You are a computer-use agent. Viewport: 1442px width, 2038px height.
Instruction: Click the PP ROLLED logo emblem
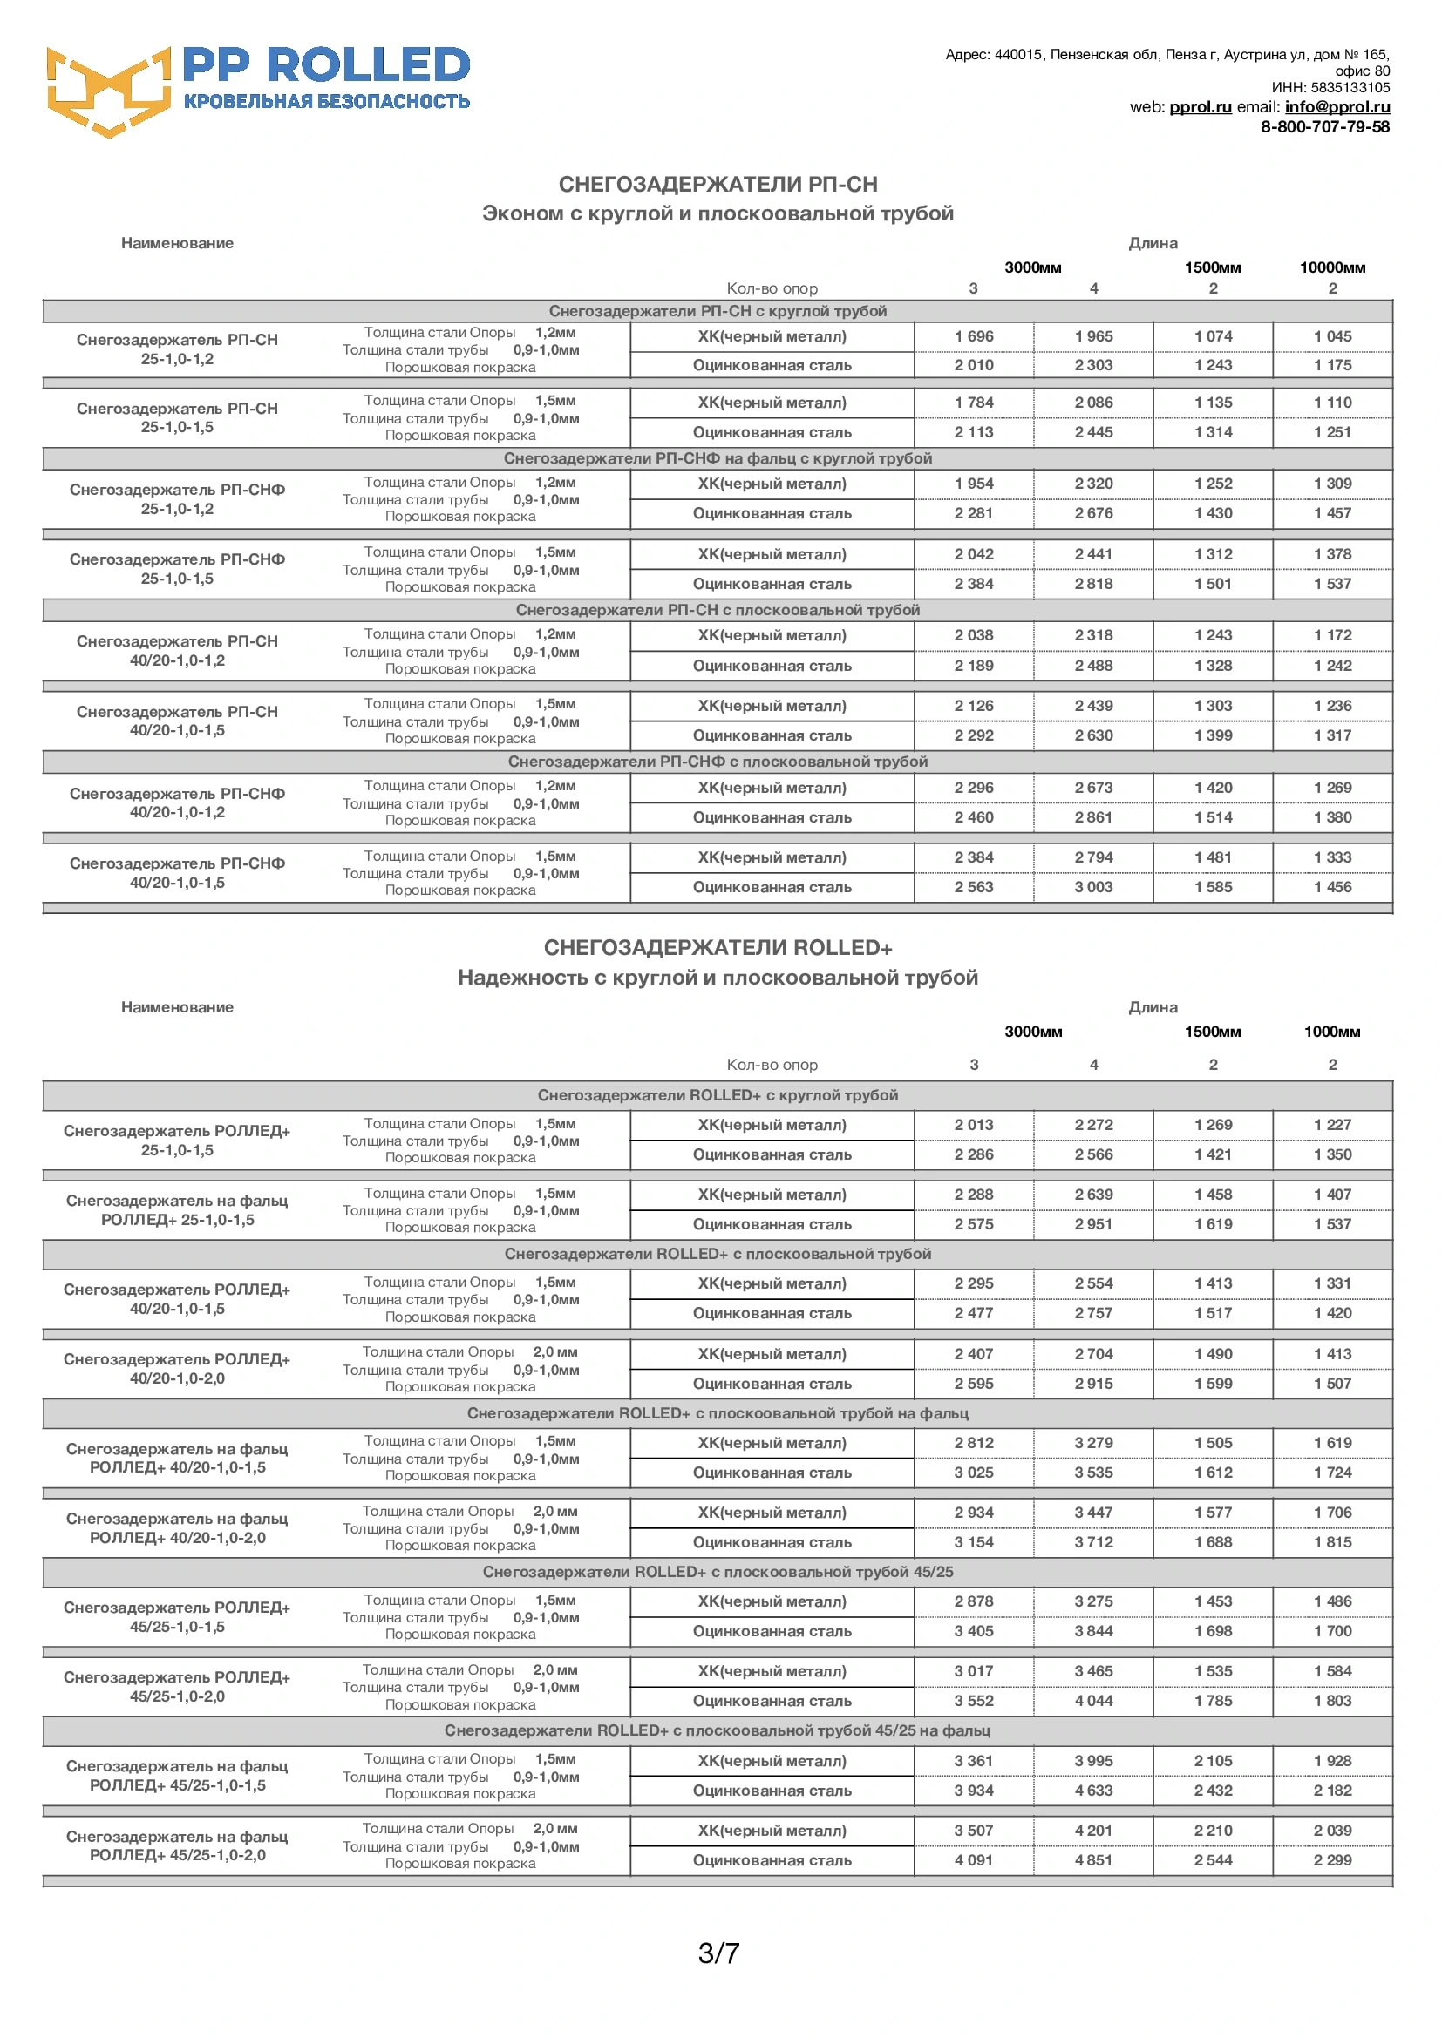click(107, 91)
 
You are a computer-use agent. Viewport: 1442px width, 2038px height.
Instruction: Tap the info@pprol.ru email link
click(1337, 107)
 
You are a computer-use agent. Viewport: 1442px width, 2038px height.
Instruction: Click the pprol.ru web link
click(1200, 107)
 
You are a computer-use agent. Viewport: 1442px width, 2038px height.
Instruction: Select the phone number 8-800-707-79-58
click(1325, 127)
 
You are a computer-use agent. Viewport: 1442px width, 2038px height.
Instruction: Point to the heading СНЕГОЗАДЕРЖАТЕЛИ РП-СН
click(718, 185)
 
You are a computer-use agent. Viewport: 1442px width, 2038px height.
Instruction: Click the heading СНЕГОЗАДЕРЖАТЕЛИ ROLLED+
click(718, 948)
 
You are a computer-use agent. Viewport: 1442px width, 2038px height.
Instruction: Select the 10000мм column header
click(1332, 268)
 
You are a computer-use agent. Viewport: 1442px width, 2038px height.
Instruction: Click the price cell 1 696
click(974, 337)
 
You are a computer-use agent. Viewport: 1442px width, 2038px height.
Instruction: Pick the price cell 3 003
click(1093, 888)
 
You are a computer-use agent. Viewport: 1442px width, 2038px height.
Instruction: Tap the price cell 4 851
click(1093, 1860)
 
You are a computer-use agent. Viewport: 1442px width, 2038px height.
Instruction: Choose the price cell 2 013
click(974, 1126)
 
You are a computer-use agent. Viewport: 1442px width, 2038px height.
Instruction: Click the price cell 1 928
click(1332, 1761)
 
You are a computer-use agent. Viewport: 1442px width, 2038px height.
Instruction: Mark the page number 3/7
click(718, 1953)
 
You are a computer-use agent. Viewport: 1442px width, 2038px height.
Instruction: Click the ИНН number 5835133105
click(1350, 88)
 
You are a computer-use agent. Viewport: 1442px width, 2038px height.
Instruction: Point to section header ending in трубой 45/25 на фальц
click(718, 1731)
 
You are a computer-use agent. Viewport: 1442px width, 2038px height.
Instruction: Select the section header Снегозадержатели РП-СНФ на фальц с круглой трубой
click(718, 459)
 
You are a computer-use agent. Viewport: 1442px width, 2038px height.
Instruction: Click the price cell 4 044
click(1093, 1702)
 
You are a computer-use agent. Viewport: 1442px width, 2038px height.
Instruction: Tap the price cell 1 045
click(1332, 337)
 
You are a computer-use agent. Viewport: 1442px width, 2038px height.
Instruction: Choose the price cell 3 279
click(1093, 1443)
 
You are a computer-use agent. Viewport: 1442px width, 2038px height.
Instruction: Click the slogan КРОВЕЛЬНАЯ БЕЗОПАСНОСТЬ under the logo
click(327, 102)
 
